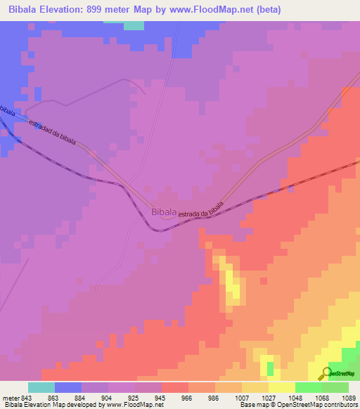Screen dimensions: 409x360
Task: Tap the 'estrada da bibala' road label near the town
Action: click(x=200, y=209)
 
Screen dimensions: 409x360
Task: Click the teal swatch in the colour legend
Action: click(x=41, y=387)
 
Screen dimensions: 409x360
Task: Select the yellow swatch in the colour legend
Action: click(x=282, y=387)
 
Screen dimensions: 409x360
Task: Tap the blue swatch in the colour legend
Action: click(x=68, y=387)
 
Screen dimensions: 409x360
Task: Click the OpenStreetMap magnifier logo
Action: click(x=326, y=374)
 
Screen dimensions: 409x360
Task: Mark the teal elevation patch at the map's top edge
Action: click(x=134, y=25)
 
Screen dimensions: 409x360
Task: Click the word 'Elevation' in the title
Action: click(x=65, y=9)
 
